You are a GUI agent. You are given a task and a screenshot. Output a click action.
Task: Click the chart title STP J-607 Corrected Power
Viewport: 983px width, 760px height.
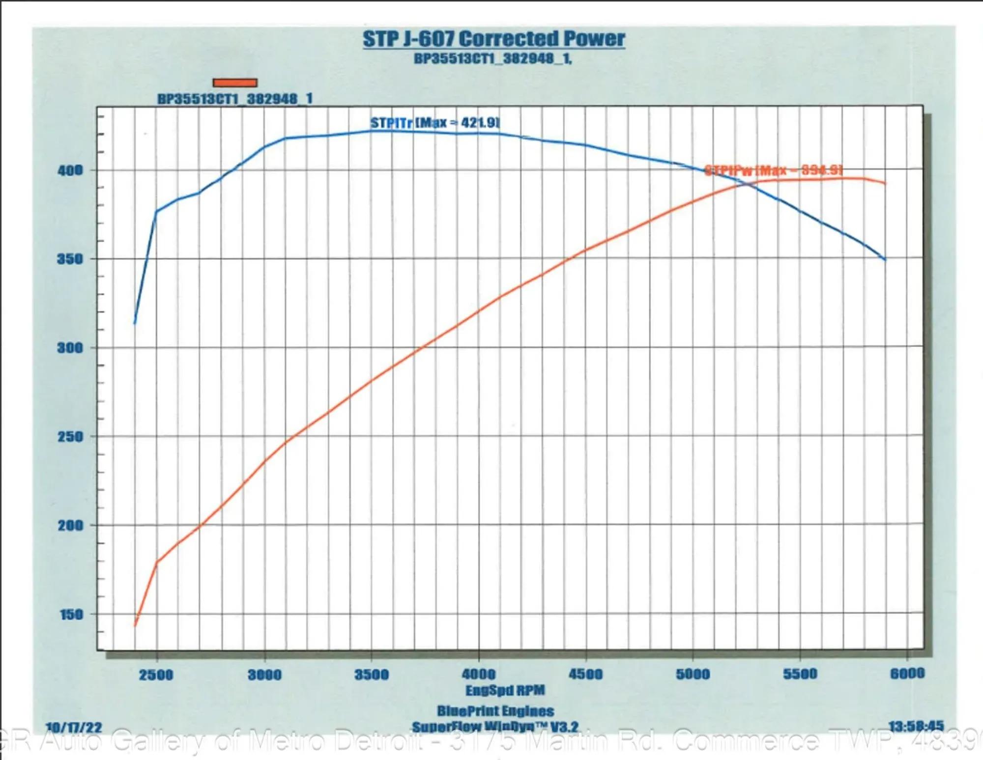(x=493, y=39)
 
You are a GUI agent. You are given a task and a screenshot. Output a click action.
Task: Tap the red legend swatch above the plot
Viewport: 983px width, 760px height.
(x=235, y=83)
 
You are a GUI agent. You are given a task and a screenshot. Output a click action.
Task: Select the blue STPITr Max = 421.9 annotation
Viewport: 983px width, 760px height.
(x=435, y=123)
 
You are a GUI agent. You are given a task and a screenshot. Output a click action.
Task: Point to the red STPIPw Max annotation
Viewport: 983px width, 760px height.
(x=773, y=170)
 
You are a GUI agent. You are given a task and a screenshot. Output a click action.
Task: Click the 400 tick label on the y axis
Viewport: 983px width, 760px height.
(x=70, y=171)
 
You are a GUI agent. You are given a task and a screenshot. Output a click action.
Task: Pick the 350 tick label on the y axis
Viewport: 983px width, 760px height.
(x=70, y=259)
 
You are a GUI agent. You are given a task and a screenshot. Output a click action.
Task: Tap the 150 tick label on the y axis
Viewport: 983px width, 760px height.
(x=71, y=615)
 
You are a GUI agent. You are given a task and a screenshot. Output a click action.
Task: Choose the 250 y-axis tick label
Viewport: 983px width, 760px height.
(x=70, y=437)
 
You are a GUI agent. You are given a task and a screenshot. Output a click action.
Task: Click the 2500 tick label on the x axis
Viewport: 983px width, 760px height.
(x=156, y=675)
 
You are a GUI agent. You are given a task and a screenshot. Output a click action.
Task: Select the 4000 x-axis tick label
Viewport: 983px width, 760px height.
(x=478, y=674)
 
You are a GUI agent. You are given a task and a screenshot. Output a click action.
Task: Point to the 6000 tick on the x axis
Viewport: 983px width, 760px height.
(x=907, y=673)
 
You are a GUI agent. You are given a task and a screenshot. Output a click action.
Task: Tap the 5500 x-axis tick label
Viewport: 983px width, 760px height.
(x=800, y=674)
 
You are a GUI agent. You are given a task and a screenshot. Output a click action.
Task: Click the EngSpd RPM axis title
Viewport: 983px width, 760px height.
(x=505, y=690)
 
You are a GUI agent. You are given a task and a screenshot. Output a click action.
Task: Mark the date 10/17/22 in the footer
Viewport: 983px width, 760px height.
(x=73, y=728)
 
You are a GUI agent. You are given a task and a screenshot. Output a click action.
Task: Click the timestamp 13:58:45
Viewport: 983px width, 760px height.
(x=916, y=726)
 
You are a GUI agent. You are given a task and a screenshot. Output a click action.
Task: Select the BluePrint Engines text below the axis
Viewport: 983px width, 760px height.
(x=495, y=711)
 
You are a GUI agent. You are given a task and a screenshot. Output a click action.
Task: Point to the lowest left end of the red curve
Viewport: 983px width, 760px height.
(x=135, y=625)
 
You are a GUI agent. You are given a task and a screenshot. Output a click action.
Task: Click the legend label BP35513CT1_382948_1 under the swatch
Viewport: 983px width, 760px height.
(x=234, y=99)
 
